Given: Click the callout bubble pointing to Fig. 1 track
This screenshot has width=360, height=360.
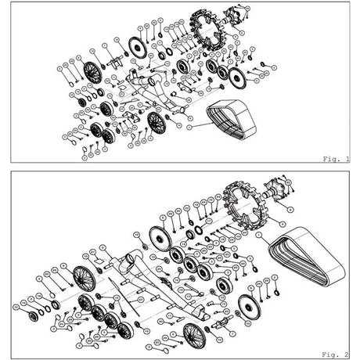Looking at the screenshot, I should (188, 125).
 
